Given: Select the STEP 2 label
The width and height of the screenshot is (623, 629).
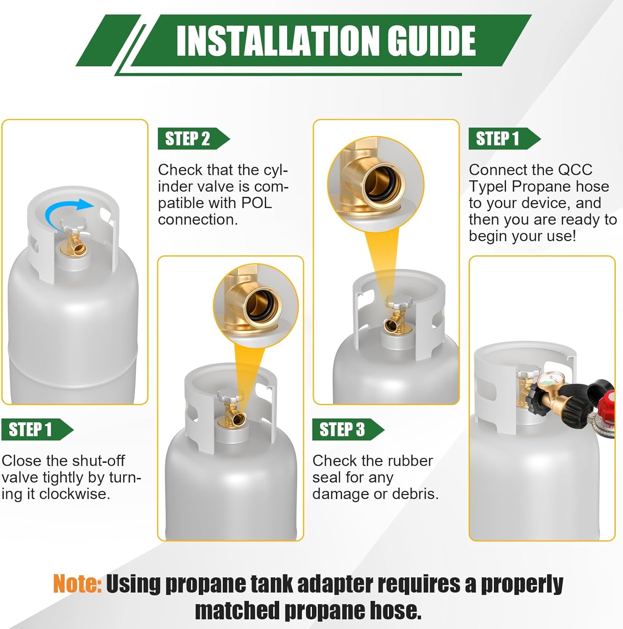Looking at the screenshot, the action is [187, 139].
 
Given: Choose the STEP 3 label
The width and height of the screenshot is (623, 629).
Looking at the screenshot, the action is [342, 430].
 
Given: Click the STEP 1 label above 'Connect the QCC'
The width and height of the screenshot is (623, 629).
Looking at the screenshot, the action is [498, 139].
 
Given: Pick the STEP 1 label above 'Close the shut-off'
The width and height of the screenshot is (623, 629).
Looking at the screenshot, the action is [30, 430].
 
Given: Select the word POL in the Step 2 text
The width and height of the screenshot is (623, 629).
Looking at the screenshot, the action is [256, 203].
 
